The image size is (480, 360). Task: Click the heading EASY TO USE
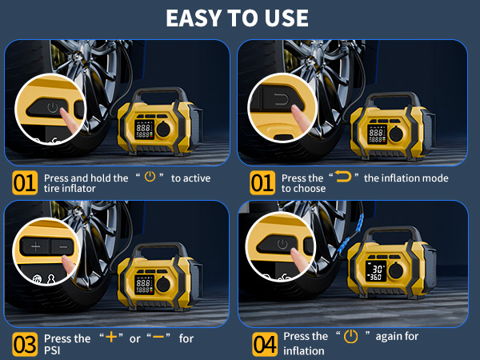(239, 18)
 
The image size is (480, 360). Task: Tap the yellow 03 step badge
(24, 344)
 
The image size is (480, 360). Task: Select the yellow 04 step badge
(265, 344)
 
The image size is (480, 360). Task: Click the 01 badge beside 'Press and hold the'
(24, 183)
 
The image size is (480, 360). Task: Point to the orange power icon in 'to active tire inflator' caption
(149, 178)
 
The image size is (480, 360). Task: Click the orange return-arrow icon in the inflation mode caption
(345, 178)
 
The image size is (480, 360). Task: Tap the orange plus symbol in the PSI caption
(110, 338)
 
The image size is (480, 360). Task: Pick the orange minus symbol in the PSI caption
(158, 338)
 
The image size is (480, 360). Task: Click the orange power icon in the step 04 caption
(350, 337)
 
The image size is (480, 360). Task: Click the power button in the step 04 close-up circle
(281, 244)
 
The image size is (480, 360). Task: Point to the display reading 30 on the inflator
(376, 271)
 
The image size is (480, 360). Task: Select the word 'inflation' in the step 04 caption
(304, 350)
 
